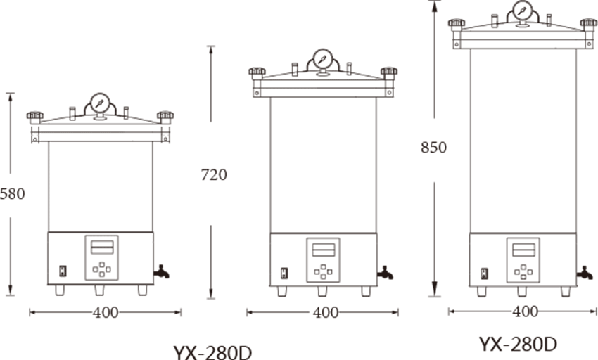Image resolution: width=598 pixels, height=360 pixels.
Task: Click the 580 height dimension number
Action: pyautogui.click(x=12, y=194)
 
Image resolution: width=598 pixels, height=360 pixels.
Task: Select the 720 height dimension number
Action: pyautogui.click(x=214, y=174)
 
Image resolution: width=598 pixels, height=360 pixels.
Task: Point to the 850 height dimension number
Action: pyautogui.click(x=433, y=148)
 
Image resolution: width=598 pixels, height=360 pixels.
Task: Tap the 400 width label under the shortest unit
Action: pyautogui.click(x=106, y=313)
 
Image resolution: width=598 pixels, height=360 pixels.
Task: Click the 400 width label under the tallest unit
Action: pyautogui.click(x=525, y=311)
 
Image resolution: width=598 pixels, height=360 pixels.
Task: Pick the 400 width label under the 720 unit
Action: pyautogui.click(x=326, y=313)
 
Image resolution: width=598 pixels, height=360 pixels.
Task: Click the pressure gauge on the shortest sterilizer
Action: pyautogui.click(x=101, y=103)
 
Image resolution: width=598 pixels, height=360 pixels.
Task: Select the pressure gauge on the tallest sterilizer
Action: pyautogui.click(x=523, y=11)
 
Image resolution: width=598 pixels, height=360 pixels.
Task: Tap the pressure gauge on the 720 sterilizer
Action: pyautogui.click(x=323, y=59)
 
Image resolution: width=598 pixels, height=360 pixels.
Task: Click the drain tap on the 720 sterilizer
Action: pyautogui.click(x=386, y=273)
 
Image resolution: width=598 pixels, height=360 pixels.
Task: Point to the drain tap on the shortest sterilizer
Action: pyautogui.click(x=161, y=271)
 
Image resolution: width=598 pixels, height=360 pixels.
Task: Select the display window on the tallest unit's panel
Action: pyautogui.click(x=523, y=250)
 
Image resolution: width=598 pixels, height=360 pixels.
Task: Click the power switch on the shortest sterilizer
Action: pyautogui.click(x=63, y=271)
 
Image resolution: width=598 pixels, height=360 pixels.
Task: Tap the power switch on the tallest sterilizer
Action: pyautogui.click(x=484, y=274)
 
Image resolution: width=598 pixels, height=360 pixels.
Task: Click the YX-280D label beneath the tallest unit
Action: pyautogui.click(x=518, y=344)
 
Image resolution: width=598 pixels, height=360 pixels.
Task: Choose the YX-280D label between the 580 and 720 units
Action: pyautogui.click(x=212, y=352)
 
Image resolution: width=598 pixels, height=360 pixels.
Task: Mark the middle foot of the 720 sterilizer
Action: pyautogui.click(x=322, y=291)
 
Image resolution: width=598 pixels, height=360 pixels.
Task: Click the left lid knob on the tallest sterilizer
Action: pyautogui.click(x=457, y=25)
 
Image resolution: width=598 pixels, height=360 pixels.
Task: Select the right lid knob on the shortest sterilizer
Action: pyautogui.click(x=165, y=117)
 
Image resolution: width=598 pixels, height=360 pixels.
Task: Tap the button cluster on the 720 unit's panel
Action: pyautogui.click(x=323, y=272)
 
